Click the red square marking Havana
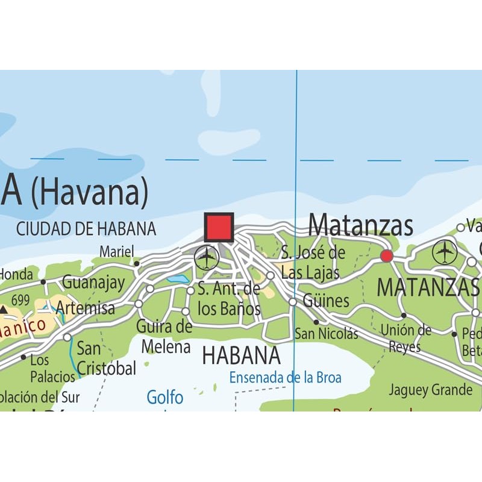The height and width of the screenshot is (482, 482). point(219,227)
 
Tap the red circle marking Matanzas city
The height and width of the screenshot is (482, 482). point(387,256)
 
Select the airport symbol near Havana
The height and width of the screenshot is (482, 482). point(207,258)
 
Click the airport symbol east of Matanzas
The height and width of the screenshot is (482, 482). point(445,252)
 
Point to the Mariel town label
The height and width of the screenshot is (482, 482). point(116,251)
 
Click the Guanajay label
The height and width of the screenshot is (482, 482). point(93,282)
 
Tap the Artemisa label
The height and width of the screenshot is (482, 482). point(85,308)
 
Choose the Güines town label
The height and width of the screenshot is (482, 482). point(326,301)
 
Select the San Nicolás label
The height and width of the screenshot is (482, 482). point(326,334)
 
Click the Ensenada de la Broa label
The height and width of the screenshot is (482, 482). point(285,378)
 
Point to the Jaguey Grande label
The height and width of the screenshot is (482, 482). point(430,390)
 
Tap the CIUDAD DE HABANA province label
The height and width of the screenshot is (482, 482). point(86,229)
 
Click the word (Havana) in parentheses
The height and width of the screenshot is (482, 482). point(90,192)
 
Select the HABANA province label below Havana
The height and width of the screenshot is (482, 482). point(241,355)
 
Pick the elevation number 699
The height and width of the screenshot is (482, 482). point(20,299)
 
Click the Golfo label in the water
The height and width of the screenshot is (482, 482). point(165,397)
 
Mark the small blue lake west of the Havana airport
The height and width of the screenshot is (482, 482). point(178,279)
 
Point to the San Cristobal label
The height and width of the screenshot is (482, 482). point(105,358)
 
